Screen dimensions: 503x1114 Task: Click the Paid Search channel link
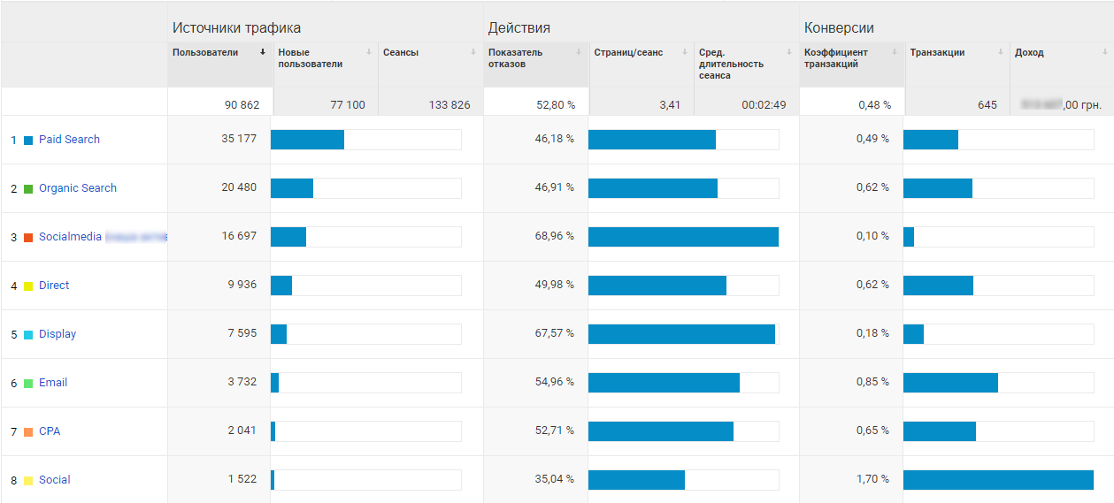tap(69, 140)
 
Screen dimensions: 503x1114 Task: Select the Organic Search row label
tap(78, 188)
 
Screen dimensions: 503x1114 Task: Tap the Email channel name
tap(53, 383)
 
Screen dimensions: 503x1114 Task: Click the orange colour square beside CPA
tap(28, 432)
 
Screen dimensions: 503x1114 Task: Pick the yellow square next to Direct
tap(28, 286)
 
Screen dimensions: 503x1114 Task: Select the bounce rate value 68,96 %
tap(554, 237)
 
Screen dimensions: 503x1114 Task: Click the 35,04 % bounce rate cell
tap(554, 480)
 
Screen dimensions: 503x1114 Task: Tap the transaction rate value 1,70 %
tap(872, 480)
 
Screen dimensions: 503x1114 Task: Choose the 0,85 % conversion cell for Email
tap(872, 383)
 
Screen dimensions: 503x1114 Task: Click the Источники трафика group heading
tap(236, 28)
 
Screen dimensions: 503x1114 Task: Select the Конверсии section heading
tap(839, 28)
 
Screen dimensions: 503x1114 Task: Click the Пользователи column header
tap(205, 53)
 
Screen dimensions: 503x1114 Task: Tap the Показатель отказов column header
tap(516, 58)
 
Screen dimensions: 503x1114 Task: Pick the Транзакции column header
tap(937, 53)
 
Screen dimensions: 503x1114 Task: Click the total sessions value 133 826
tap(449, 105)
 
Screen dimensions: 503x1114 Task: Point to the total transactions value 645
tap(987, 105)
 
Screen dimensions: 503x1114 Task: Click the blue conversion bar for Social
tap(998, 480)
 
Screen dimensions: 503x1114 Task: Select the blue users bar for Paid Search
tap(307, 140)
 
